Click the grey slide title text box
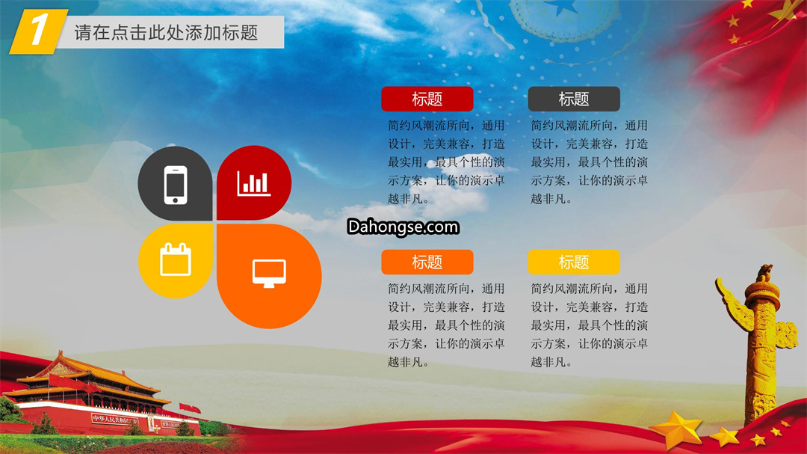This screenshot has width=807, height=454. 170,32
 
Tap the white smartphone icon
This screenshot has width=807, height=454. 176,185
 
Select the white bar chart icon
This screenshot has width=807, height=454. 253,183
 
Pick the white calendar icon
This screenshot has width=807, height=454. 176,260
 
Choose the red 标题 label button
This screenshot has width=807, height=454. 427,99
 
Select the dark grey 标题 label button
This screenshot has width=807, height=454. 574,99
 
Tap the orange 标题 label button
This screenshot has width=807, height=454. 427,263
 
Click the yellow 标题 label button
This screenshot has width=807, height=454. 574,263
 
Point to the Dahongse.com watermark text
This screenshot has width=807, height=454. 403,227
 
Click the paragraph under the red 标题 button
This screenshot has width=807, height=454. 446,162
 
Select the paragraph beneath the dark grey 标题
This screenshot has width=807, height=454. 590,162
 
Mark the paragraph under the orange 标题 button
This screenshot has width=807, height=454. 446,325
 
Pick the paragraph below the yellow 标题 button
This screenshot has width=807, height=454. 590,325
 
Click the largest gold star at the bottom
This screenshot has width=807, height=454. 676,429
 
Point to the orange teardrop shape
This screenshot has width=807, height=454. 269,276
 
